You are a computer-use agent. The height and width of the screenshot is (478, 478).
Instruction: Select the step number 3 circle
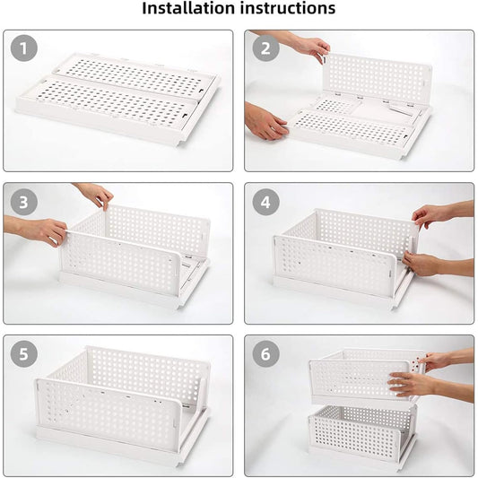tap(24, 202)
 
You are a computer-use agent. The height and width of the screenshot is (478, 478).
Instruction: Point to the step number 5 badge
tap(24, 353)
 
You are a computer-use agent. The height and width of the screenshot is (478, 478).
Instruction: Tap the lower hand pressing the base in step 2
tap(266, 122)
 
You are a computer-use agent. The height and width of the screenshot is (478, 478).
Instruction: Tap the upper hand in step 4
tap(435, 214)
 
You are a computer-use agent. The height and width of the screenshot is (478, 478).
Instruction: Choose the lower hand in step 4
tap(423, 264)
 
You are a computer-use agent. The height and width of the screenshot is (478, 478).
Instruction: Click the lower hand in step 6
tap(414, 385)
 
